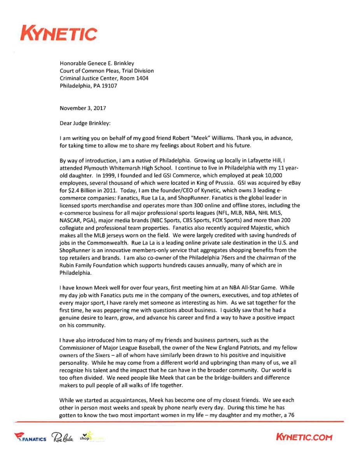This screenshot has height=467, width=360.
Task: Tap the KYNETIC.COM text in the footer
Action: pos(304,437)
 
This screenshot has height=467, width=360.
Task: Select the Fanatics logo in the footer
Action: pos(30,438)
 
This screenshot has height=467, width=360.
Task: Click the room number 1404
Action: pos(141,78)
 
